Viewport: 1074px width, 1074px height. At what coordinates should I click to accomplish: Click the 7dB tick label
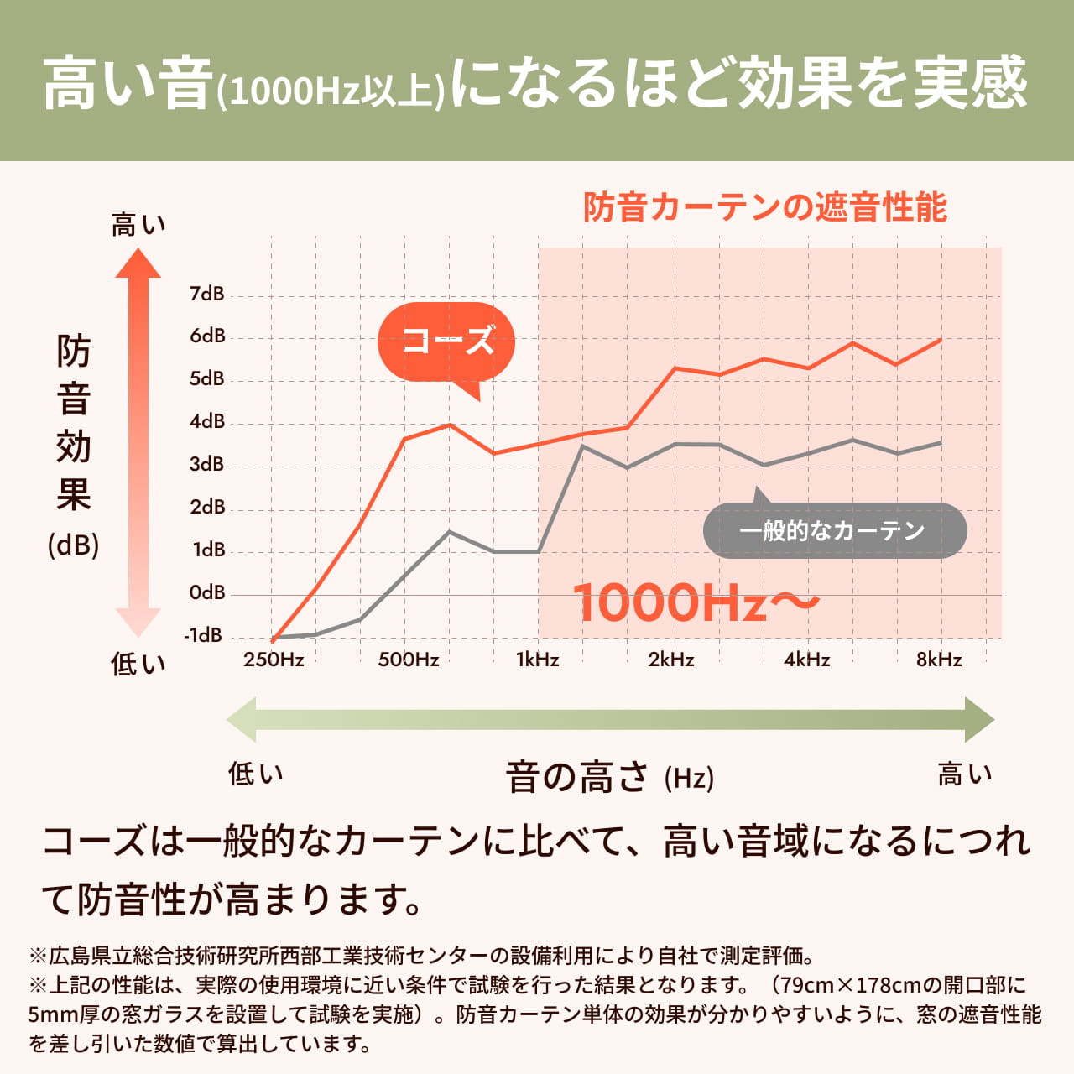tap(206, 294)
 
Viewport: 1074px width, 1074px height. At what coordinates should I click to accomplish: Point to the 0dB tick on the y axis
tap(206, 592)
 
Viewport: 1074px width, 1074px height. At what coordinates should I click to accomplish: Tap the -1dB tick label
tap(204, 635)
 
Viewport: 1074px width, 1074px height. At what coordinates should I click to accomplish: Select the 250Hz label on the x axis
tap(274, 660)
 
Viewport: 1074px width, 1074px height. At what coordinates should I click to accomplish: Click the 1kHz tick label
tap(537, 660)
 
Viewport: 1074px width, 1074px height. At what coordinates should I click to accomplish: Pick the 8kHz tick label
tap(939, 660)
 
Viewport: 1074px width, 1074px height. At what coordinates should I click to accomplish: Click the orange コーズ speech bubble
tap(446, 341)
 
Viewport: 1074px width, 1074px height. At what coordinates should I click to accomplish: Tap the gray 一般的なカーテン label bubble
tap(834, 530)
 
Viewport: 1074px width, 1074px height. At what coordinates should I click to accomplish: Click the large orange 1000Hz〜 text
tap(695, 602)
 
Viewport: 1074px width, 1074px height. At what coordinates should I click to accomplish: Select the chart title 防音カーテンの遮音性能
tap(764, 207)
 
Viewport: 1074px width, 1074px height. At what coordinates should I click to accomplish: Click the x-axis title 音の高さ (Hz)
tap(609, 777)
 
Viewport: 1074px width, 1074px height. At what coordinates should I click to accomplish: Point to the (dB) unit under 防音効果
tap(74, 545)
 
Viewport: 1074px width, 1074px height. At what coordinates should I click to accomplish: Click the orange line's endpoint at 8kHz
tap(941, 340)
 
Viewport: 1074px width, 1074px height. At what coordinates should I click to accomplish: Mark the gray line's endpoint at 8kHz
tap(941, 442)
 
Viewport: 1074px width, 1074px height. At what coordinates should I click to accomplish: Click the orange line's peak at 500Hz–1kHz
tap(450, 425)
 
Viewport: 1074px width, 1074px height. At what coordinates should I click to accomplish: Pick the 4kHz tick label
tap(806, 660)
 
